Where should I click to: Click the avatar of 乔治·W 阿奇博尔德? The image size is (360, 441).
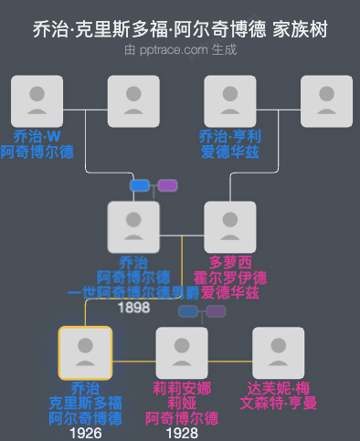(x=37, y=101)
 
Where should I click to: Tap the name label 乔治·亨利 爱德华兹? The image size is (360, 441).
(x=229, y=144)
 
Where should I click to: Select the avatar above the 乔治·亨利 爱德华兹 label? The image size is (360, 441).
(x=229, y=101)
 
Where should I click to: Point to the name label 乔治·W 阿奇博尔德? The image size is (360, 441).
(x=37, y=144)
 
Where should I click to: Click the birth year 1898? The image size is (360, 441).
(x=133, y=309)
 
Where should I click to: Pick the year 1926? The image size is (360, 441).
(x=85, y=433)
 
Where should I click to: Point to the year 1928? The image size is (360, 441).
(x=182, y=433)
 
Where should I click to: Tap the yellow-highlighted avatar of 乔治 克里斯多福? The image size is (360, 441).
(x=85, y=352)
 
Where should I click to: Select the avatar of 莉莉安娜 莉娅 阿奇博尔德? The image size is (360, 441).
(x=182, y=352)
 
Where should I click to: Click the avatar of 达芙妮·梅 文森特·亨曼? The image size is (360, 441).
(x=278, y=352)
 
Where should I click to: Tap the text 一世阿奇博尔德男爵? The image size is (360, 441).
(x=133, y=293)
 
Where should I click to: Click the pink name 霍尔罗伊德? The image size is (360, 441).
(x=230, y=278)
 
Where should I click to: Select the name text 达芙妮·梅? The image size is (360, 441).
(x=278, y=388)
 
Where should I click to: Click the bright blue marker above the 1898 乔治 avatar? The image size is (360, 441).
(x=140, y=185)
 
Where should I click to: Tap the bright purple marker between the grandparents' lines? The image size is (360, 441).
(x=167, y=185)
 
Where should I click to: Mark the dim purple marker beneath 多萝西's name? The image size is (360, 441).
(x=216, y=311)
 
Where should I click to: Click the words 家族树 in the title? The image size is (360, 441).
(x=300, y=30)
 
